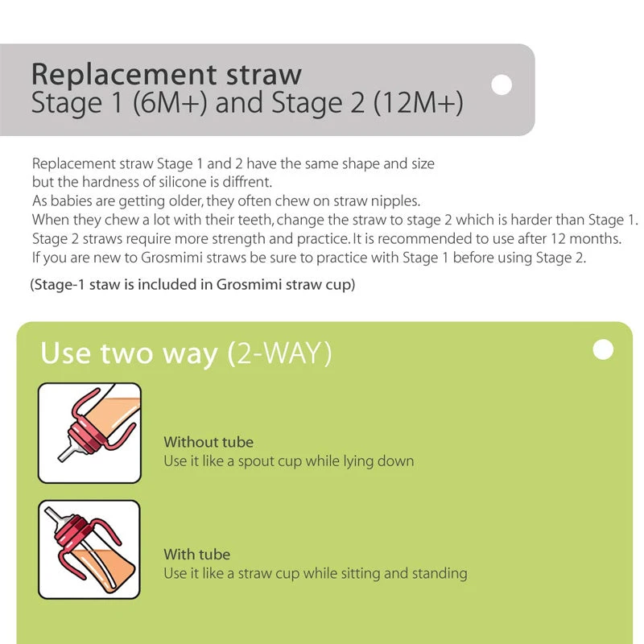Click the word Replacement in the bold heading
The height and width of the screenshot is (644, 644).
[x=124, y=74]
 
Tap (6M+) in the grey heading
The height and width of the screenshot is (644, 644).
[x=170, y=103]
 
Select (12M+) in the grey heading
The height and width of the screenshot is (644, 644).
[x=419, y=103]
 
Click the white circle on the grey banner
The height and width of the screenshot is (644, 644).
[x=502, y=85]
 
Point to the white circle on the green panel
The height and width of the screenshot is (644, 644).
[x=603, y=349]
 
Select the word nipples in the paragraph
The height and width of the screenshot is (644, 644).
[x=395, y=200]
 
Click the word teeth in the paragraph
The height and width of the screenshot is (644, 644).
[x=255, y=220]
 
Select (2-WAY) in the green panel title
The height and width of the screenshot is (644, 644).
[x=279, y=353]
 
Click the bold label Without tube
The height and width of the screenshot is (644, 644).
[x=208, y=442]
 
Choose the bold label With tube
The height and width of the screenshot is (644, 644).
[x=196, y=554]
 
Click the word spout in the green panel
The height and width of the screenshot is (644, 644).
[x=256, y=461]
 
